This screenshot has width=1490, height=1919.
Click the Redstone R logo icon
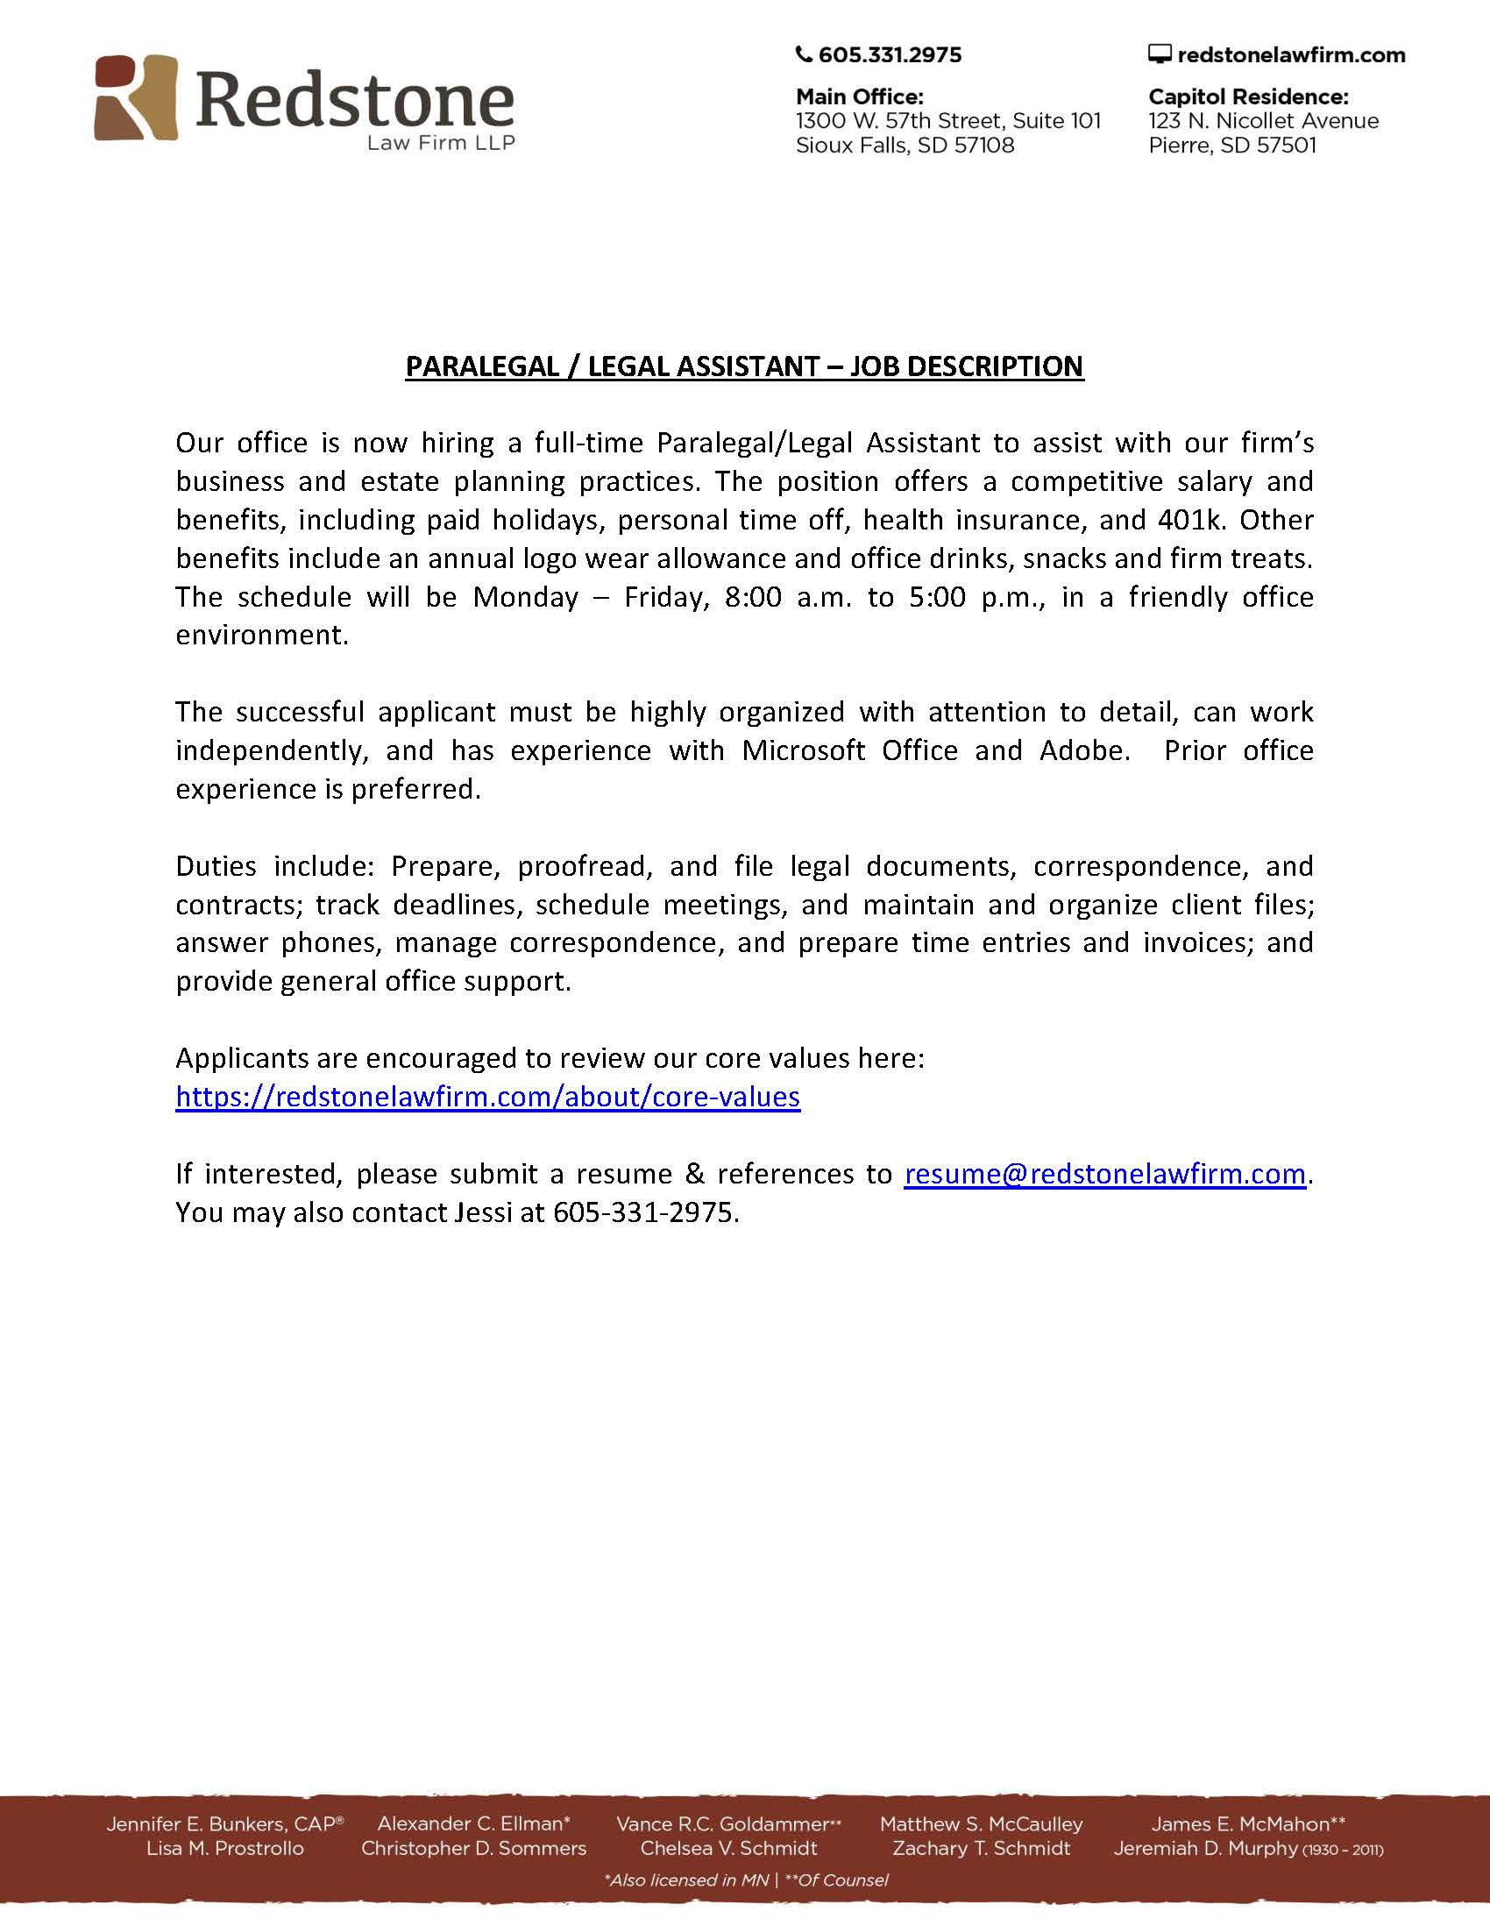pos(136,97)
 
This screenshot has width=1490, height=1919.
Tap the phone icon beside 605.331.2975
pos(803,54)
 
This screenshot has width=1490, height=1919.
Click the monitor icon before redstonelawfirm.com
pos(1160,54)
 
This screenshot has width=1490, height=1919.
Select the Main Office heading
pos(859,96)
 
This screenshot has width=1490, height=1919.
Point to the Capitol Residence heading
pos(1247,96)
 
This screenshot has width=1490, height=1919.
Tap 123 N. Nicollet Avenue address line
pos(1263,120)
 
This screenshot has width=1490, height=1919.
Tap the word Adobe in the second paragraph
pos(1082,750)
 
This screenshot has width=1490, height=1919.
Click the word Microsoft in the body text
pos(803,750)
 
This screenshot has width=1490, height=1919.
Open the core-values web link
pos(487,1097)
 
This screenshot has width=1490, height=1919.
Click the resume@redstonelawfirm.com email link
pos(1104,1174)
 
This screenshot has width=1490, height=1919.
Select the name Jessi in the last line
pos(483,1212)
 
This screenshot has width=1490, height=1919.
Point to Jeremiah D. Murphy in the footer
pos(1205,1849)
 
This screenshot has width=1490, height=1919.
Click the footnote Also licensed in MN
pos(687,1880)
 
